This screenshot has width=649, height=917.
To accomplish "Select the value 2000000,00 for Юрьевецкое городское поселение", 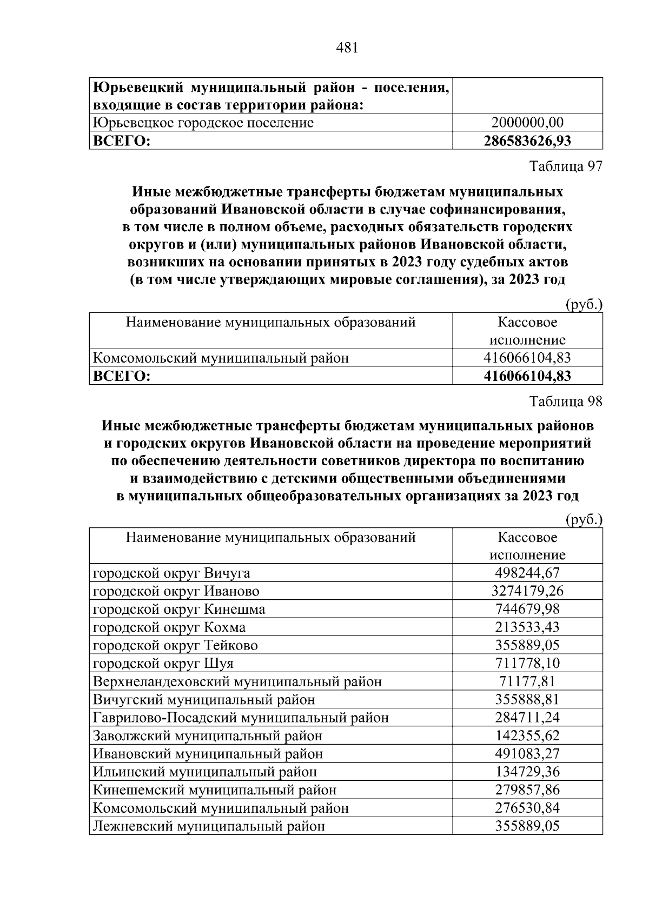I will click(527, 123).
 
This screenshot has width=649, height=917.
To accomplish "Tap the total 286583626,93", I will click(527, 141).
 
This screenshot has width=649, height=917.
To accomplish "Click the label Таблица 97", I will click(565, 166).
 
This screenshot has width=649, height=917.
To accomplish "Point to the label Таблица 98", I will click(565, 401).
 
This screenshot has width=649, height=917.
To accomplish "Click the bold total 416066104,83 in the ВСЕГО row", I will click(527, 376).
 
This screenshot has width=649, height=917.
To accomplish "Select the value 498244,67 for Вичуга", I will click(527, 573).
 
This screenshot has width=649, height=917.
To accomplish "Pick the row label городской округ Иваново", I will click(176, 591).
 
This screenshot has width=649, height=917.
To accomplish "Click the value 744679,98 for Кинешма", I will click(527, 609).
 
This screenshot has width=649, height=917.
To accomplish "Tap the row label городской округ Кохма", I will click(169, 627).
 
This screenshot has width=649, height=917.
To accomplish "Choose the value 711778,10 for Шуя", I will click(527, 663).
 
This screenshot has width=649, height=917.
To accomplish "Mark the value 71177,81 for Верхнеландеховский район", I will click(527, 681).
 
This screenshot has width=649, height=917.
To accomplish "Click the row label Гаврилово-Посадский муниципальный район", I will click(241, 718).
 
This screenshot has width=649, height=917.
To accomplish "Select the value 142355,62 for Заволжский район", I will click(527, 735).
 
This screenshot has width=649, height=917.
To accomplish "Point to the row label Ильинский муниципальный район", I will click(205, 772).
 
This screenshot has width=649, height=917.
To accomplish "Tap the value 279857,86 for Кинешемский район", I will click(527, 790).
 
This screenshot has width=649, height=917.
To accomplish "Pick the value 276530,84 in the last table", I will click(527, 808).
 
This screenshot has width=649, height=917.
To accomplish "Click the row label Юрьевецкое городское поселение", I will click(203, 123).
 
